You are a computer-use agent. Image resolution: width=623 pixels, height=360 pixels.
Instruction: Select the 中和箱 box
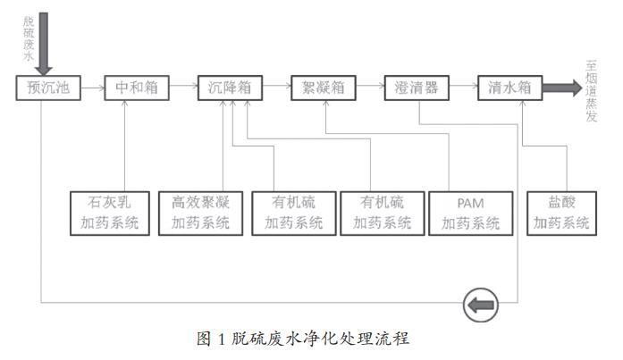point(136,88)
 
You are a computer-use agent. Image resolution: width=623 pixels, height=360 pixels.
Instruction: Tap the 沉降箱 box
point(230,88)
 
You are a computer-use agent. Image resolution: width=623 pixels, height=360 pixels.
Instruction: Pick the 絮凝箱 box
point(323,88)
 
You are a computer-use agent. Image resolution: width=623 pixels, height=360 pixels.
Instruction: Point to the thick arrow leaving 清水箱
point(561,88)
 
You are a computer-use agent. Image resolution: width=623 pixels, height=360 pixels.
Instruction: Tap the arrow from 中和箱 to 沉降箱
point(182,88)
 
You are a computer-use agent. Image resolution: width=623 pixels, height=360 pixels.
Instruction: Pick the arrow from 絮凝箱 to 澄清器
point(369,88)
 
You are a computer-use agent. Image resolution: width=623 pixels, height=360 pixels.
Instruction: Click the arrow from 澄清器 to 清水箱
point(463,88)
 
